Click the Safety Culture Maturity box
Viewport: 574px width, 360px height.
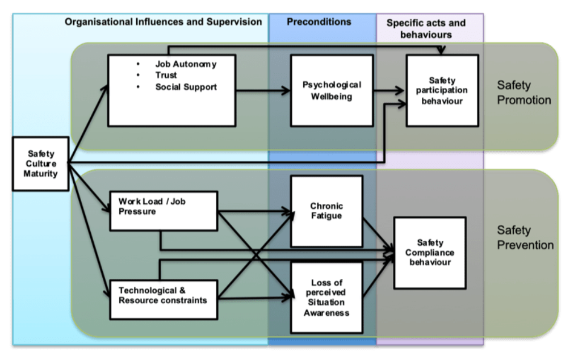40,164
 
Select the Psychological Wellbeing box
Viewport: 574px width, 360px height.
332,90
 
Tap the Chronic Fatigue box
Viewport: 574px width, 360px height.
326,211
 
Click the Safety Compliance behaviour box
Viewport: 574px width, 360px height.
430,252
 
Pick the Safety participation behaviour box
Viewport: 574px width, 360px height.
442,90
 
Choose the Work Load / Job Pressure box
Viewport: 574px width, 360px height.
164,211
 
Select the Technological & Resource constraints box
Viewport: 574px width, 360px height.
164,299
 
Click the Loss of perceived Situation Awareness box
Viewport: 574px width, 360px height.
326,297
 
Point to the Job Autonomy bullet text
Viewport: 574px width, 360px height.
186,64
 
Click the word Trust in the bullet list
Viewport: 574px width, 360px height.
166,76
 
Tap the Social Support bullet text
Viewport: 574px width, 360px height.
186,87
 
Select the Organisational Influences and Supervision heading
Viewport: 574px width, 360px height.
164,22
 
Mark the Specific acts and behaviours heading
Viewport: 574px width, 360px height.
426,28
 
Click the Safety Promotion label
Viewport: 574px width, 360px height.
523,93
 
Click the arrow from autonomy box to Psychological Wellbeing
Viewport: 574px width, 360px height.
262,90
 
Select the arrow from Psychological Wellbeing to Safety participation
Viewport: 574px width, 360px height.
389,90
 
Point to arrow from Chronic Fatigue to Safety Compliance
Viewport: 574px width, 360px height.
378,233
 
